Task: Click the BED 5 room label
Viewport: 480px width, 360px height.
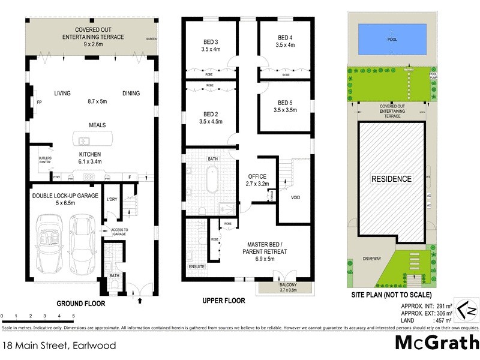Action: click(x=285, y=106)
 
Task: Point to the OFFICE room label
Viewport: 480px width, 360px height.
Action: click(x=257, y=176)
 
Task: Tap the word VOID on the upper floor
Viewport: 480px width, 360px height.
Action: click(x=295, y=197)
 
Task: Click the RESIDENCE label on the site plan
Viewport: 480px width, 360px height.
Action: click(x=391, y=179)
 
